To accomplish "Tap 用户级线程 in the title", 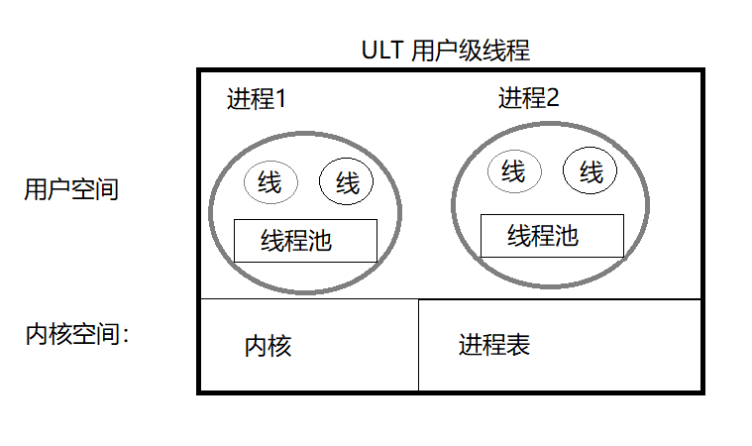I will tap(471, 51).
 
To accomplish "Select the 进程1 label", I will tap(257, 99).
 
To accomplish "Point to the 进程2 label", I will tap(529, 98).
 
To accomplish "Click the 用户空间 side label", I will tap(71, 189).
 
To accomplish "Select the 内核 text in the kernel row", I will tap(268, 346).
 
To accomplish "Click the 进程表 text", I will tap(494, 345).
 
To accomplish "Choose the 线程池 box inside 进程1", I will tap(305, 240).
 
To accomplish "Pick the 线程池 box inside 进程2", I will tap(552, 235).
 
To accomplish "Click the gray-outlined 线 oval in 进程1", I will tap(269, 182).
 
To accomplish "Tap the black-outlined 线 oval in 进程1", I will tap(346, 182).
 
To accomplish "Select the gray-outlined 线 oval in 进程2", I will tap(514, 172).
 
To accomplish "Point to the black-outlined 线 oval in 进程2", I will tap(591, 173).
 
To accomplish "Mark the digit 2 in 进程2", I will tap(552, 98).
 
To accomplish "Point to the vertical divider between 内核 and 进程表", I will tap(418, 345).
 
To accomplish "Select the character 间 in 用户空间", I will tap(107, 189).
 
